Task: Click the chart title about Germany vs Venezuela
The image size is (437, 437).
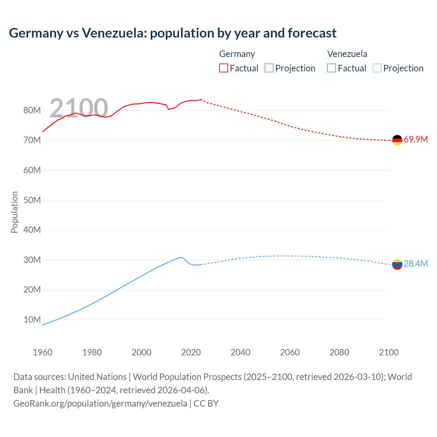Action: [172, 33]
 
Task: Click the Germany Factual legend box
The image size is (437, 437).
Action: [223, 68]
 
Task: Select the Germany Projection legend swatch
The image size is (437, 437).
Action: [269, 68]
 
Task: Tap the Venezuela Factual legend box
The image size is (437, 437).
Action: [331, 68]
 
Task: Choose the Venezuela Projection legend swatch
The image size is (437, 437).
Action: [377, 68]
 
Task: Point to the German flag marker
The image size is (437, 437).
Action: [397, 140]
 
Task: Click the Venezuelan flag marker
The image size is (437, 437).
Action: [397, 264]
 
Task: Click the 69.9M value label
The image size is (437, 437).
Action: [415, 140]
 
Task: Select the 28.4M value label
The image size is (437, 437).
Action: [415, 264]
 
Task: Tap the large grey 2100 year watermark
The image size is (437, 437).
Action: [79, 108]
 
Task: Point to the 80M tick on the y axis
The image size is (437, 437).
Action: [32, 110]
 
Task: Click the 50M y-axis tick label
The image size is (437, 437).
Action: [32, 200]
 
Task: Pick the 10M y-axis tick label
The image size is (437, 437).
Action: [32, 320]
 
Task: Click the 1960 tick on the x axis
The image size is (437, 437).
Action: [43, 352]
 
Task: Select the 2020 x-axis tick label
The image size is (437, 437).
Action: [191, 352]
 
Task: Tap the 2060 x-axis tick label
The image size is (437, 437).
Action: [290, 352]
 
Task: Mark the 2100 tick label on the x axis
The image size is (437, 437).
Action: [389, 352]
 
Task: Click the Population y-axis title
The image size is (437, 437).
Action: [14, 212]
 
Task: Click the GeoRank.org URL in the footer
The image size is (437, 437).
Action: [100, 404]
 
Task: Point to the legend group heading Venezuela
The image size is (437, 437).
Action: [347, 54]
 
